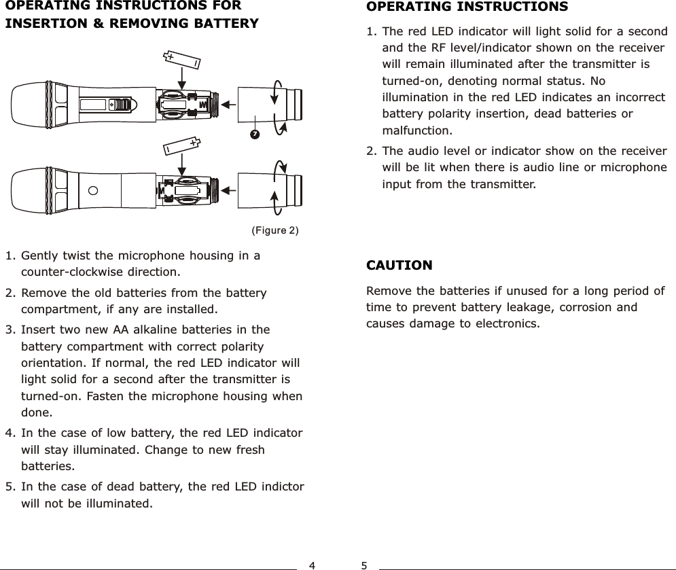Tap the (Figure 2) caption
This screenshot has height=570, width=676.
(x=274, y=230)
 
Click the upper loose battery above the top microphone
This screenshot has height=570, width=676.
(x=183, y=60)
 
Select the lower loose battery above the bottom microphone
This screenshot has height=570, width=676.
(x=181, y=145)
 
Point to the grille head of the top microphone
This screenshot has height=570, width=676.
(x=29, y=104)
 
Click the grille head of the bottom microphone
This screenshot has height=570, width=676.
(x=29, y=190)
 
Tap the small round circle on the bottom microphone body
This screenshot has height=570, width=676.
(x=92, y=190)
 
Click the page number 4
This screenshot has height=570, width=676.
(x=312, y=565)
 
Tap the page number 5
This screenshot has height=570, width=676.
(x=365, y=565)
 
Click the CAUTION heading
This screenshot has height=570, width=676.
(x=399, y=264)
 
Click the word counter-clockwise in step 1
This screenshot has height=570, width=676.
(x=100, y=273)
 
